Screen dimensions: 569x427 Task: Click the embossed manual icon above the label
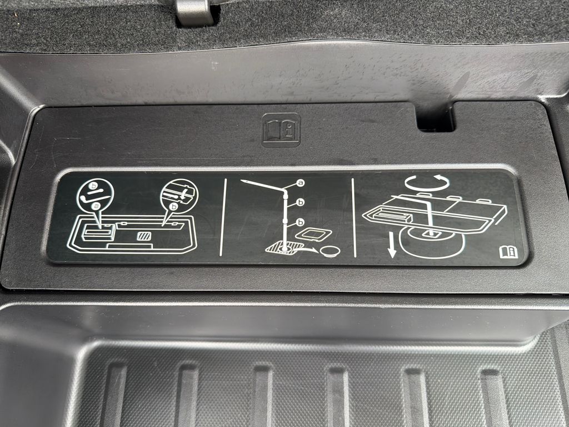pyautogui.click(x=281, y=130)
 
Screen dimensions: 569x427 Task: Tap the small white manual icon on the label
pyautogui.click(x=508, y=252)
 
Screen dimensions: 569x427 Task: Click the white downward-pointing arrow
pyautogui.click(x=392, y=245)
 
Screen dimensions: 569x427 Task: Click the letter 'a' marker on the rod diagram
pyautogui.click(x=300, y=183)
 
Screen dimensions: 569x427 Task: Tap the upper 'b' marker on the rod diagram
pyautogui.click(x=300, y=202)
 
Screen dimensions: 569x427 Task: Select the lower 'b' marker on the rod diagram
pyautogui.click(x=300, y=222)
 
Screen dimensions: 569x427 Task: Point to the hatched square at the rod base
pyautogui.click(x=284, y=249)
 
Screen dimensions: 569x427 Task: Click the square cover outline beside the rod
pyautogui.click(x=313, y=234)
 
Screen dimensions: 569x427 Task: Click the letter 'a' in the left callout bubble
pyautogui.click(x=96, y=206)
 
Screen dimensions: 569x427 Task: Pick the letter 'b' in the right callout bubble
pyautogui.click(x=174, y=207)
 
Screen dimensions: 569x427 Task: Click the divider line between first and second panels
pyautogui.click(x=223, y=217)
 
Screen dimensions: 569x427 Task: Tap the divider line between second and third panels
pyautogui.click(x=353, y=218)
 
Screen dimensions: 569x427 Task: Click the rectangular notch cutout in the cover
pyautogui.click(x=435, y=117)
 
